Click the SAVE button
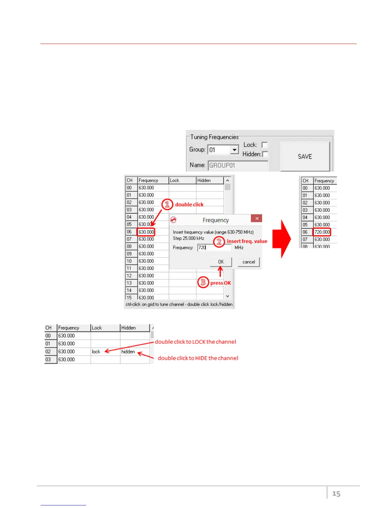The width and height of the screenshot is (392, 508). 305,157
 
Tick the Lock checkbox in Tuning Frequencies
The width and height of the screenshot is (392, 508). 265,145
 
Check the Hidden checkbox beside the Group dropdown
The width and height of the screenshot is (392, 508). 265,154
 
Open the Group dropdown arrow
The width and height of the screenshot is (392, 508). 235,150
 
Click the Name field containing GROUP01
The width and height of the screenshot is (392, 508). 238,165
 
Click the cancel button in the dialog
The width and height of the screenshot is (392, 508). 249,262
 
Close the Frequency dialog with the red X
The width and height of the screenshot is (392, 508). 257,218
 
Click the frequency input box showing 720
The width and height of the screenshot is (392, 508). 214,248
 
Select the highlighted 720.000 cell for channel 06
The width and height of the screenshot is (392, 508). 322,232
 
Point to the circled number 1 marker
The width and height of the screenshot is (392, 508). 167,204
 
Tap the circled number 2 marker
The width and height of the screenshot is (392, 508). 219,241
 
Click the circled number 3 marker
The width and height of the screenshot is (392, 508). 203,283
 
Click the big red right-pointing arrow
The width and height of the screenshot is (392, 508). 282,239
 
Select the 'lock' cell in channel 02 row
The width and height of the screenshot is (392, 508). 96,352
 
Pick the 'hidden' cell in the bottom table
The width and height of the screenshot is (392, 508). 128,352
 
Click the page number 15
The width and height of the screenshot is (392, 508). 336,494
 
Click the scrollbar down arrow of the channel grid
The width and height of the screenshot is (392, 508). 228,296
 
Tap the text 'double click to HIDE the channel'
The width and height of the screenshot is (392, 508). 198,358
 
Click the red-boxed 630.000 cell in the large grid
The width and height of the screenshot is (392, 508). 146,232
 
